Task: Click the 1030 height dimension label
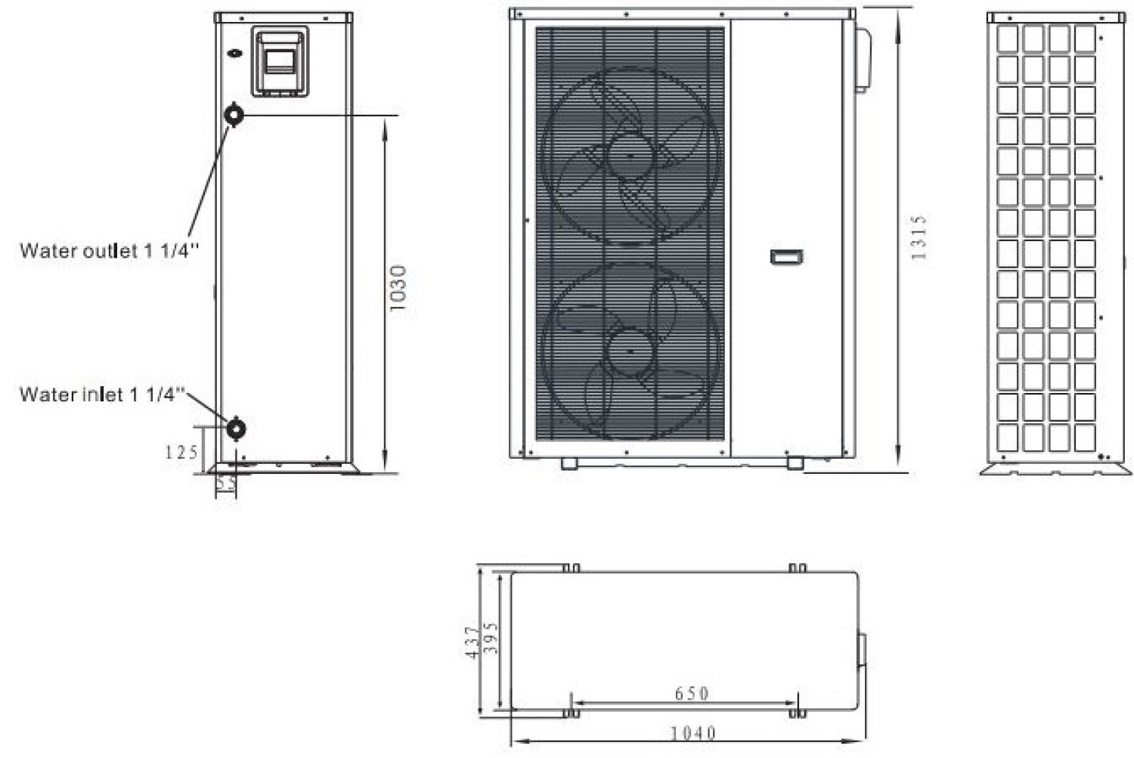[x=398, y=288]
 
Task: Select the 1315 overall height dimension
[x=919, y=237]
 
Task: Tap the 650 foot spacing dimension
[x=692, y=693]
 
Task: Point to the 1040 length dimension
[x=693, y=733]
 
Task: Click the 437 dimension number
[x=472, y=642]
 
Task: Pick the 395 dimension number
[x=491, y=638]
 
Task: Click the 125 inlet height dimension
[x=181, y=452]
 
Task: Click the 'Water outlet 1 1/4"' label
[x=110, y=251]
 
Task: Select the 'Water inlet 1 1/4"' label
[x=103, y=394]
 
